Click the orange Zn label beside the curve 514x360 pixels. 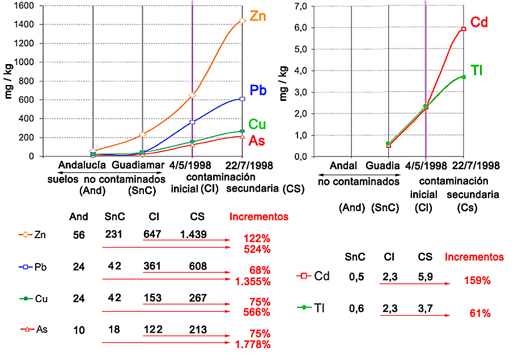(258, 16)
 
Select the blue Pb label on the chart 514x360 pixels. (258, 90)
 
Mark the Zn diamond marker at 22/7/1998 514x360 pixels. (243, 21)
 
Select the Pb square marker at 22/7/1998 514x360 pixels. (243, 99)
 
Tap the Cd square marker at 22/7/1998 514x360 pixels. (464, 29)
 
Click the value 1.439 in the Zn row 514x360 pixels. (194, 235)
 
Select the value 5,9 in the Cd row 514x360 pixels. (425, 277)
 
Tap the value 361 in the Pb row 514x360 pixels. (154, 266)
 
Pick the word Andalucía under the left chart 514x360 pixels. (82, 166)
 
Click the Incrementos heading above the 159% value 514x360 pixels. (474, 257)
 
